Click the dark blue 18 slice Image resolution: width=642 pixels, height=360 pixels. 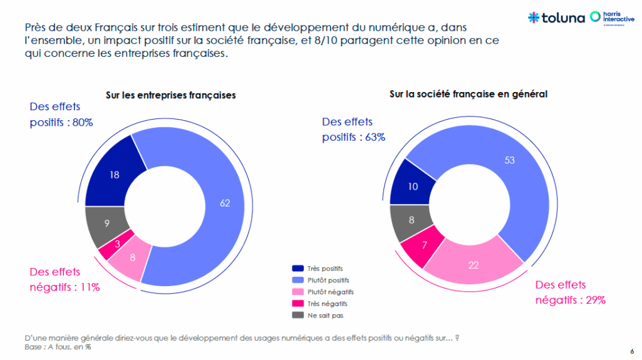pyautogui.click(x=114, y=175)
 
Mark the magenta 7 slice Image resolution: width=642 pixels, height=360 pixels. pyautogui.click(x=424, y=246)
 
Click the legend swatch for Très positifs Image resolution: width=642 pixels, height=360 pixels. pyautogui.click(x=298, y=268)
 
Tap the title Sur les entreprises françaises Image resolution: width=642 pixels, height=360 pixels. pyautogui.click(x=170, y=96)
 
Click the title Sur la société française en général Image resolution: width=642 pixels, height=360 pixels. pyautogui.click(x=469, y=94)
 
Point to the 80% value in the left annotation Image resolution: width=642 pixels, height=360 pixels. pyautogui.click(x=81, y=123)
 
